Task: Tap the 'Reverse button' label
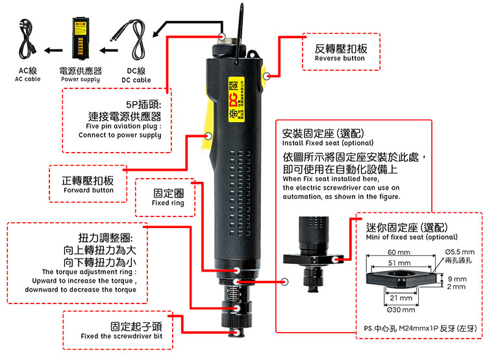tap(340, 58)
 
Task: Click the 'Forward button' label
tap(88, 190)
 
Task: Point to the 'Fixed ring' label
tap(168, 203)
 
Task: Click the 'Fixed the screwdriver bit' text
tap(121, 337)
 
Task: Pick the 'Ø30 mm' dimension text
tap(399, 308)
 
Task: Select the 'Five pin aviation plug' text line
tap(123, 126)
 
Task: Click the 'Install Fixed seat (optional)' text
tap(327, 142)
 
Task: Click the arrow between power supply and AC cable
tap(53, 49)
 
